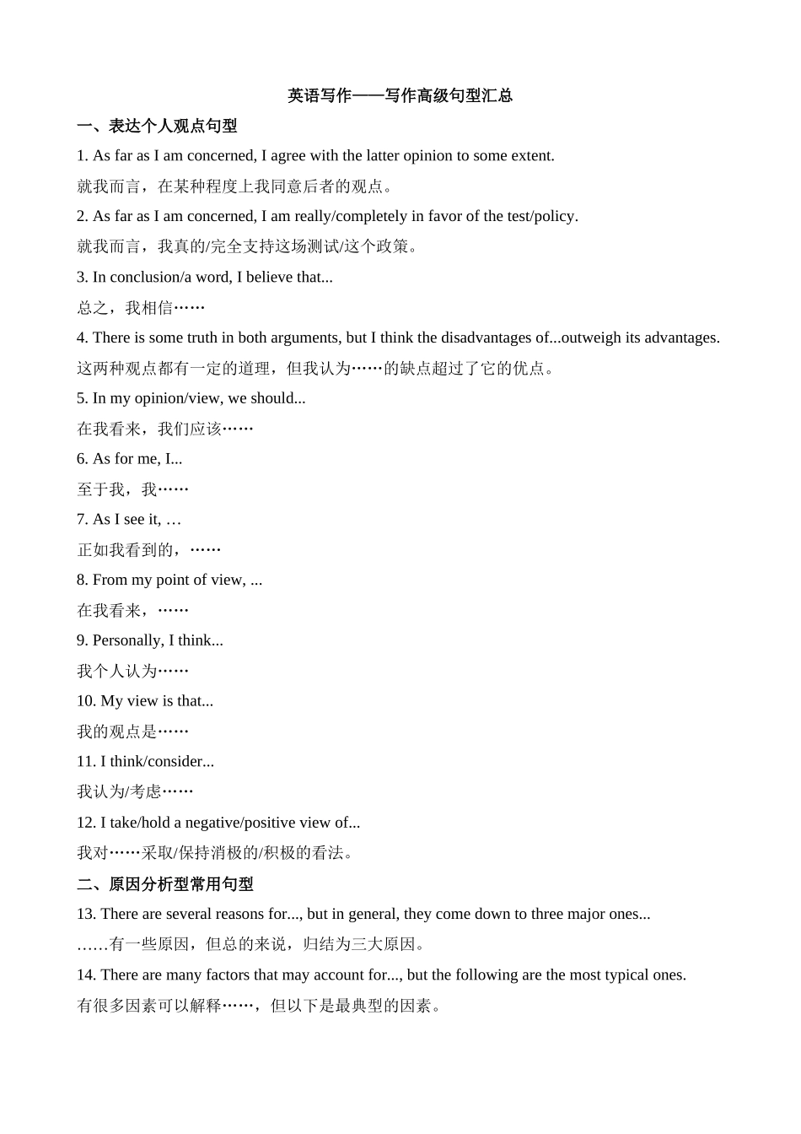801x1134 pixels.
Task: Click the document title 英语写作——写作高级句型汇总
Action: coord(400,95)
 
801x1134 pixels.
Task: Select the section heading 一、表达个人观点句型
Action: coord(157,126)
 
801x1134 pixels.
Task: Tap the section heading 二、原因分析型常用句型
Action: coord(165,883)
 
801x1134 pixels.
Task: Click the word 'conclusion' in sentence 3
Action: coord(139,277)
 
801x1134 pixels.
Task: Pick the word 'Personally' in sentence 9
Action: coord(126,640)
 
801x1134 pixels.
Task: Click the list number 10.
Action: coord(86,701)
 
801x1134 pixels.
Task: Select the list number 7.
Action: coord(82,519)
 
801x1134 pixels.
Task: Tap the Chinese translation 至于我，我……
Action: coord(132,489)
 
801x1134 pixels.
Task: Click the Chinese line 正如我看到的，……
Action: coord(148,550)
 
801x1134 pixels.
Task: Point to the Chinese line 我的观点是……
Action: coord(132,732)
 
